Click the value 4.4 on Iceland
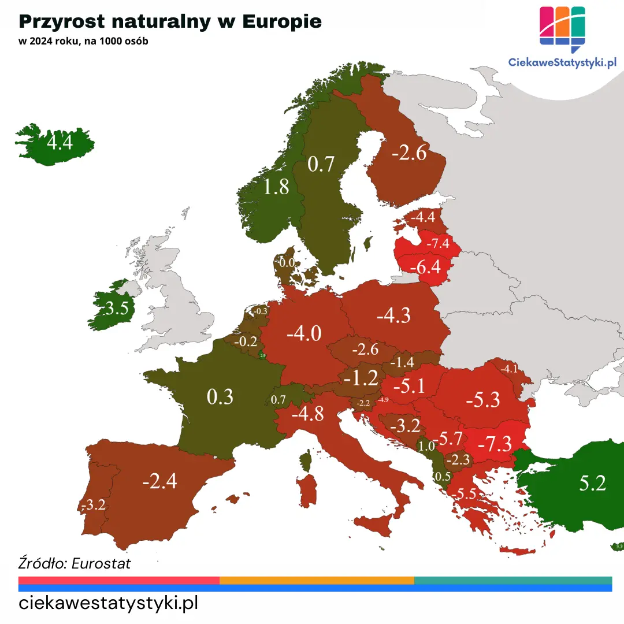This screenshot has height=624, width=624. [x=60, y=142]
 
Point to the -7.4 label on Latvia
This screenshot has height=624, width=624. [x=437, y=243]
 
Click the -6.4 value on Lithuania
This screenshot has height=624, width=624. [x=425, y=267]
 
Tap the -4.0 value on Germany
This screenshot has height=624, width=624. [x=303, y=333]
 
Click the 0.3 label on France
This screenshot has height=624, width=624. [x=220, y=397]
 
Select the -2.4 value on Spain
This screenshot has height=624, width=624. [x=159, y=480]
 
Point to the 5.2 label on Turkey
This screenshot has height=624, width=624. [x=593, y=483]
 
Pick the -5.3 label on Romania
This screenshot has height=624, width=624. [x=482, y=399]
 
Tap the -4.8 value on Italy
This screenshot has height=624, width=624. [x=307, y=414]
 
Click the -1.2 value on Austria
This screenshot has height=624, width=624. [x=361, y=378]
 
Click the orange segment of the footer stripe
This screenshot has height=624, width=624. [x=317, y=580]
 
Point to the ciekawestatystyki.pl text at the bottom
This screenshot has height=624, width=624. [x=109, y=604]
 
